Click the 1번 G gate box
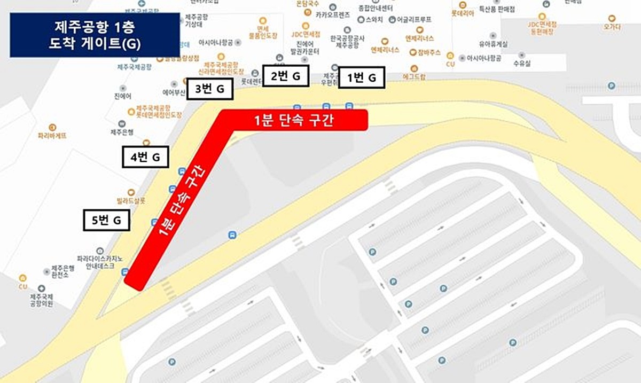362,77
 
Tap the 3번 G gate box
209,89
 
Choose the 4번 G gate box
145,157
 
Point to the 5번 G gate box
107,221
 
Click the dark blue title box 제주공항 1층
95,35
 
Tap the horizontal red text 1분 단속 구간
294,121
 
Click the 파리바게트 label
52,136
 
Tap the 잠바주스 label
429,53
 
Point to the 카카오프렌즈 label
333,15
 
